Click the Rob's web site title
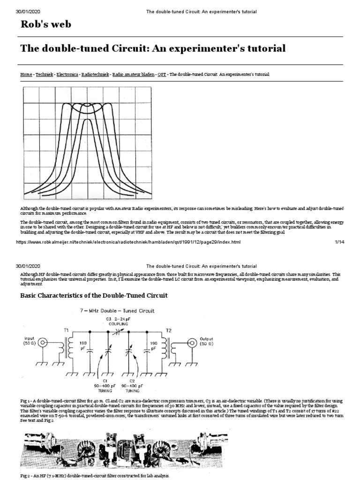pyautogui.click(x=46, y=24)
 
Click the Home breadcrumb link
pyautogui.click(x=26, y=75)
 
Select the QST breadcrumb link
pyautogui.click(x=162, y=75)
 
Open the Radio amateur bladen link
pyautogui.click(x=133, y=75)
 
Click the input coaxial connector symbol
pyautogui.click(x=43, y=343)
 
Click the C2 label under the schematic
pyautogui.click(x=131, y=380)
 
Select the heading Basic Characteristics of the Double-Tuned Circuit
pyautogui.click(x=94, y=295)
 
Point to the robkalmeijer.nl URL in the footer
pyautogui.click(x=128, y=242)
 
